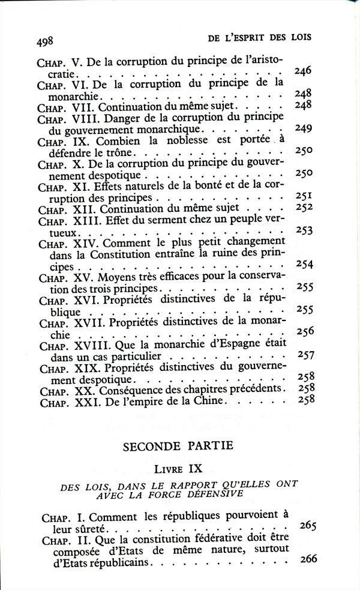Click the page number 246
[304, 72]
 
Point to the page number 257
[306, 355]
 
